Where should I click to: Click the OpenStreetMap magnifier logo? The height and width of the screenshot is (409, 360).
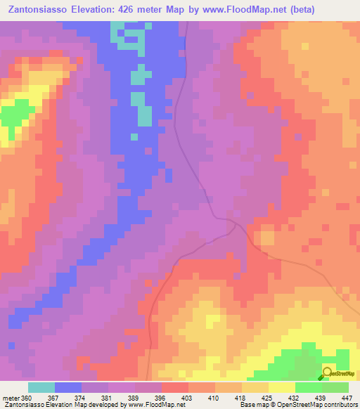point(328,373)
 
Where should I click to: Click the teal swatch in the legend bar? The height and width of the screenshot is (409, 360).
point(41,387)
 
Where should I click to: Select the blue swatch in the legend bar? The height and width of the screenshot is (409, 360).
point(68,387)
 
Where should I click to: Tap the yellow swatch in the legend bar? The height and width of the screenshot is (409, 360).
point(282,387)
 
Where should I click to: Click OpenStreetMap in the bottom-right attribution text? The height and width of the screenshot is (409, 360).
point(284,405)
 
